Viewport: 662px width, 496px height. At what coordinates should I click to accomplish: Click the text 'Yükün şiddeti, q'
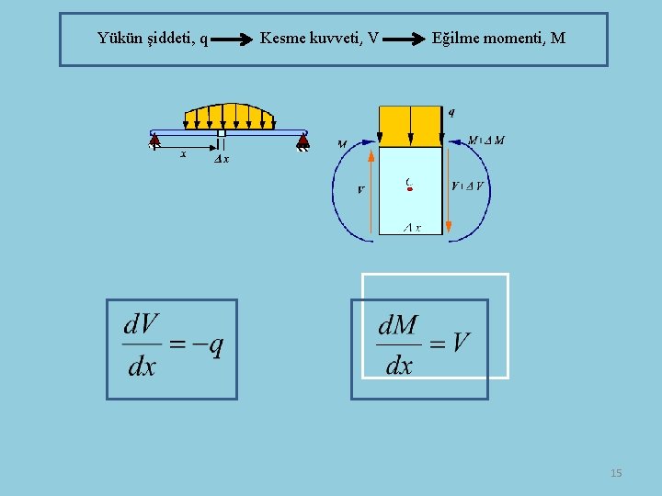(x=153, y=39)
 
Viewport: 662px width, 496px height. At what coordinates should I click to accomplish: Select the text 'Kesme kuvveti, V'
(x=319, y=39)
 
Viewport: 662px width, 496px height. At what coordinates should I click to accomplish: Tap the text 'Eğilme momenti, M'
(x=498, y=39)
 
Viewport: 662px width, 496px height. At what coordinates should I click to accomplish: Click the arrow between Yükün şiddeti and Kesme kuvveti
(x=234, y=40)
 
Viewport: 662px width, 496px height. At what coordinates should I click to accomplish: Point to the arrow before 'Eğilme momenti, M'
(x=405, y=40)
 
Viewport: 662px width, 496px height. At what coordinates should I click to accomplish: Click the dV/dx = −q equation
(x=173, y=346)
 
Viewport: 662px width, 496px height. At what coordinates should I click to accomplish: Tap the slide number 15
(x=616, y=473)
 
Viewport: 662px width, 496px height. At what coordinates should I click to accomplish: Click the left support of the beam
(x=154, y=141)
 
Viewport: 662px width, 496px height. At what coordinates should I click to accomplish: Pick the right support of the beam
(x=302, y=141)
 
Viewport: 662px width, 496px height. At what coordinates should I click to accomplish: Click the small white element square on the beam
(x=222, y=133)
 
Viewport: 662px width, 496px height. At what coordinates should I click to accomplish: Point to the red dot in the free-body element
(x=410, y=188)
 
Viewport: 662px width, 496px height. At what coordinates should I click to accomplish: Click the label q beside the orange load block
(x=451, y=112)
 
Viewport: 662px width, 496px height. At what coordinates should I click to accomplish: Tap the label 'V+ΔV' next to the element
(x=468, y=186)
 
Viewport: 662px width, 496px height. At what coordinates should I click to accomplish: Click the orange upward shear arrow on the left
(x=371, y=193)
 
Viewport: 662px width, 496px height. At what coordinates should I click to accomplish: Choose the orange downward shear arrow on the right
(x=448, y=193)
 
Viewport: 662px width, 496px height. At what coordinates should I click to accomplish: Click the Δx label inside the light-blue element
(x=413, y=228)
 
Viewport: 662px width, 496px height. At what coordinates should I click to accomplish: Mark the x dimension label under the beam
(x=183, y=154)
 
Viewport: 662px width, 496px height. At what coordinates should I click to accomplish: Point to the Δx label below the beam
(x=222, y=159)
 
